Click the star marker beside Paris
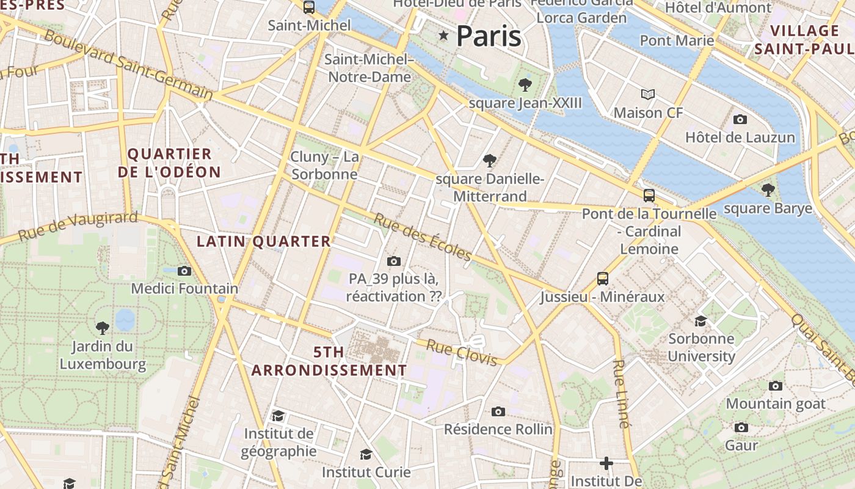pyautogui.click(x=443, y=37)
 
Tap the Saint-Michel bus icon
pyautogui.click(x=309, y=7)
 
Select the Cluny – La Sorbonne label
pyautogui.click(x=324, y=166)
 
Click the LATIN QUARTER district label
pyautogui.click(x=263, y=241)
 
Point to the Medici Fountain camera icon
pyautogui.click(x=184, y=271)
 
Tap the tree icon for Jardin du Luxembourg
pyautogui.click(x=103, y=328)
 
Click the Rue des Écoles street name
pyautogui.click(x=423, y=237)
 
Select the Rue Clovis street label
pyautogui.click(x=461, y=353)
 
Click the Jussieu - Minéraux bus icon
pyautogui.click(x=603, y=279)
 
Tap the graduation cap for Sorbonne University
pyautogui.click(x=700, y=321)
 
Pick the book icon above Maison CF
pyautogui.click(x=648, y=94)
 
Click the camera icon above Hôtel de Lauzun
pyautogui.click(x=740, y=119)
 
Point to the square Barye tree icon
pyautogui.click(x=768, y=190)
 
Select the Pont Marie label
pyautogui.click(x=677, y=40)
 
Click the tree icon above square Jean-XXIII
pyautogui.click(x=525, y=85)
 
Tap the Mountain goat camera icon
pyautogui.click(x=776, y=386)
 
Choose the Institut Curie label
pyautogui.click(x=366, y=472)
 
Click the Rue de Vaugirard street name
pyautogui.click(x=78, y=226)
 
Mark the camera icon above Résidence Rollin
pyautogui.click(x=498, y=411)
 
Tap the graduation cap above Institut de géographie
pyautogui.click(x=278, y=416)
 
